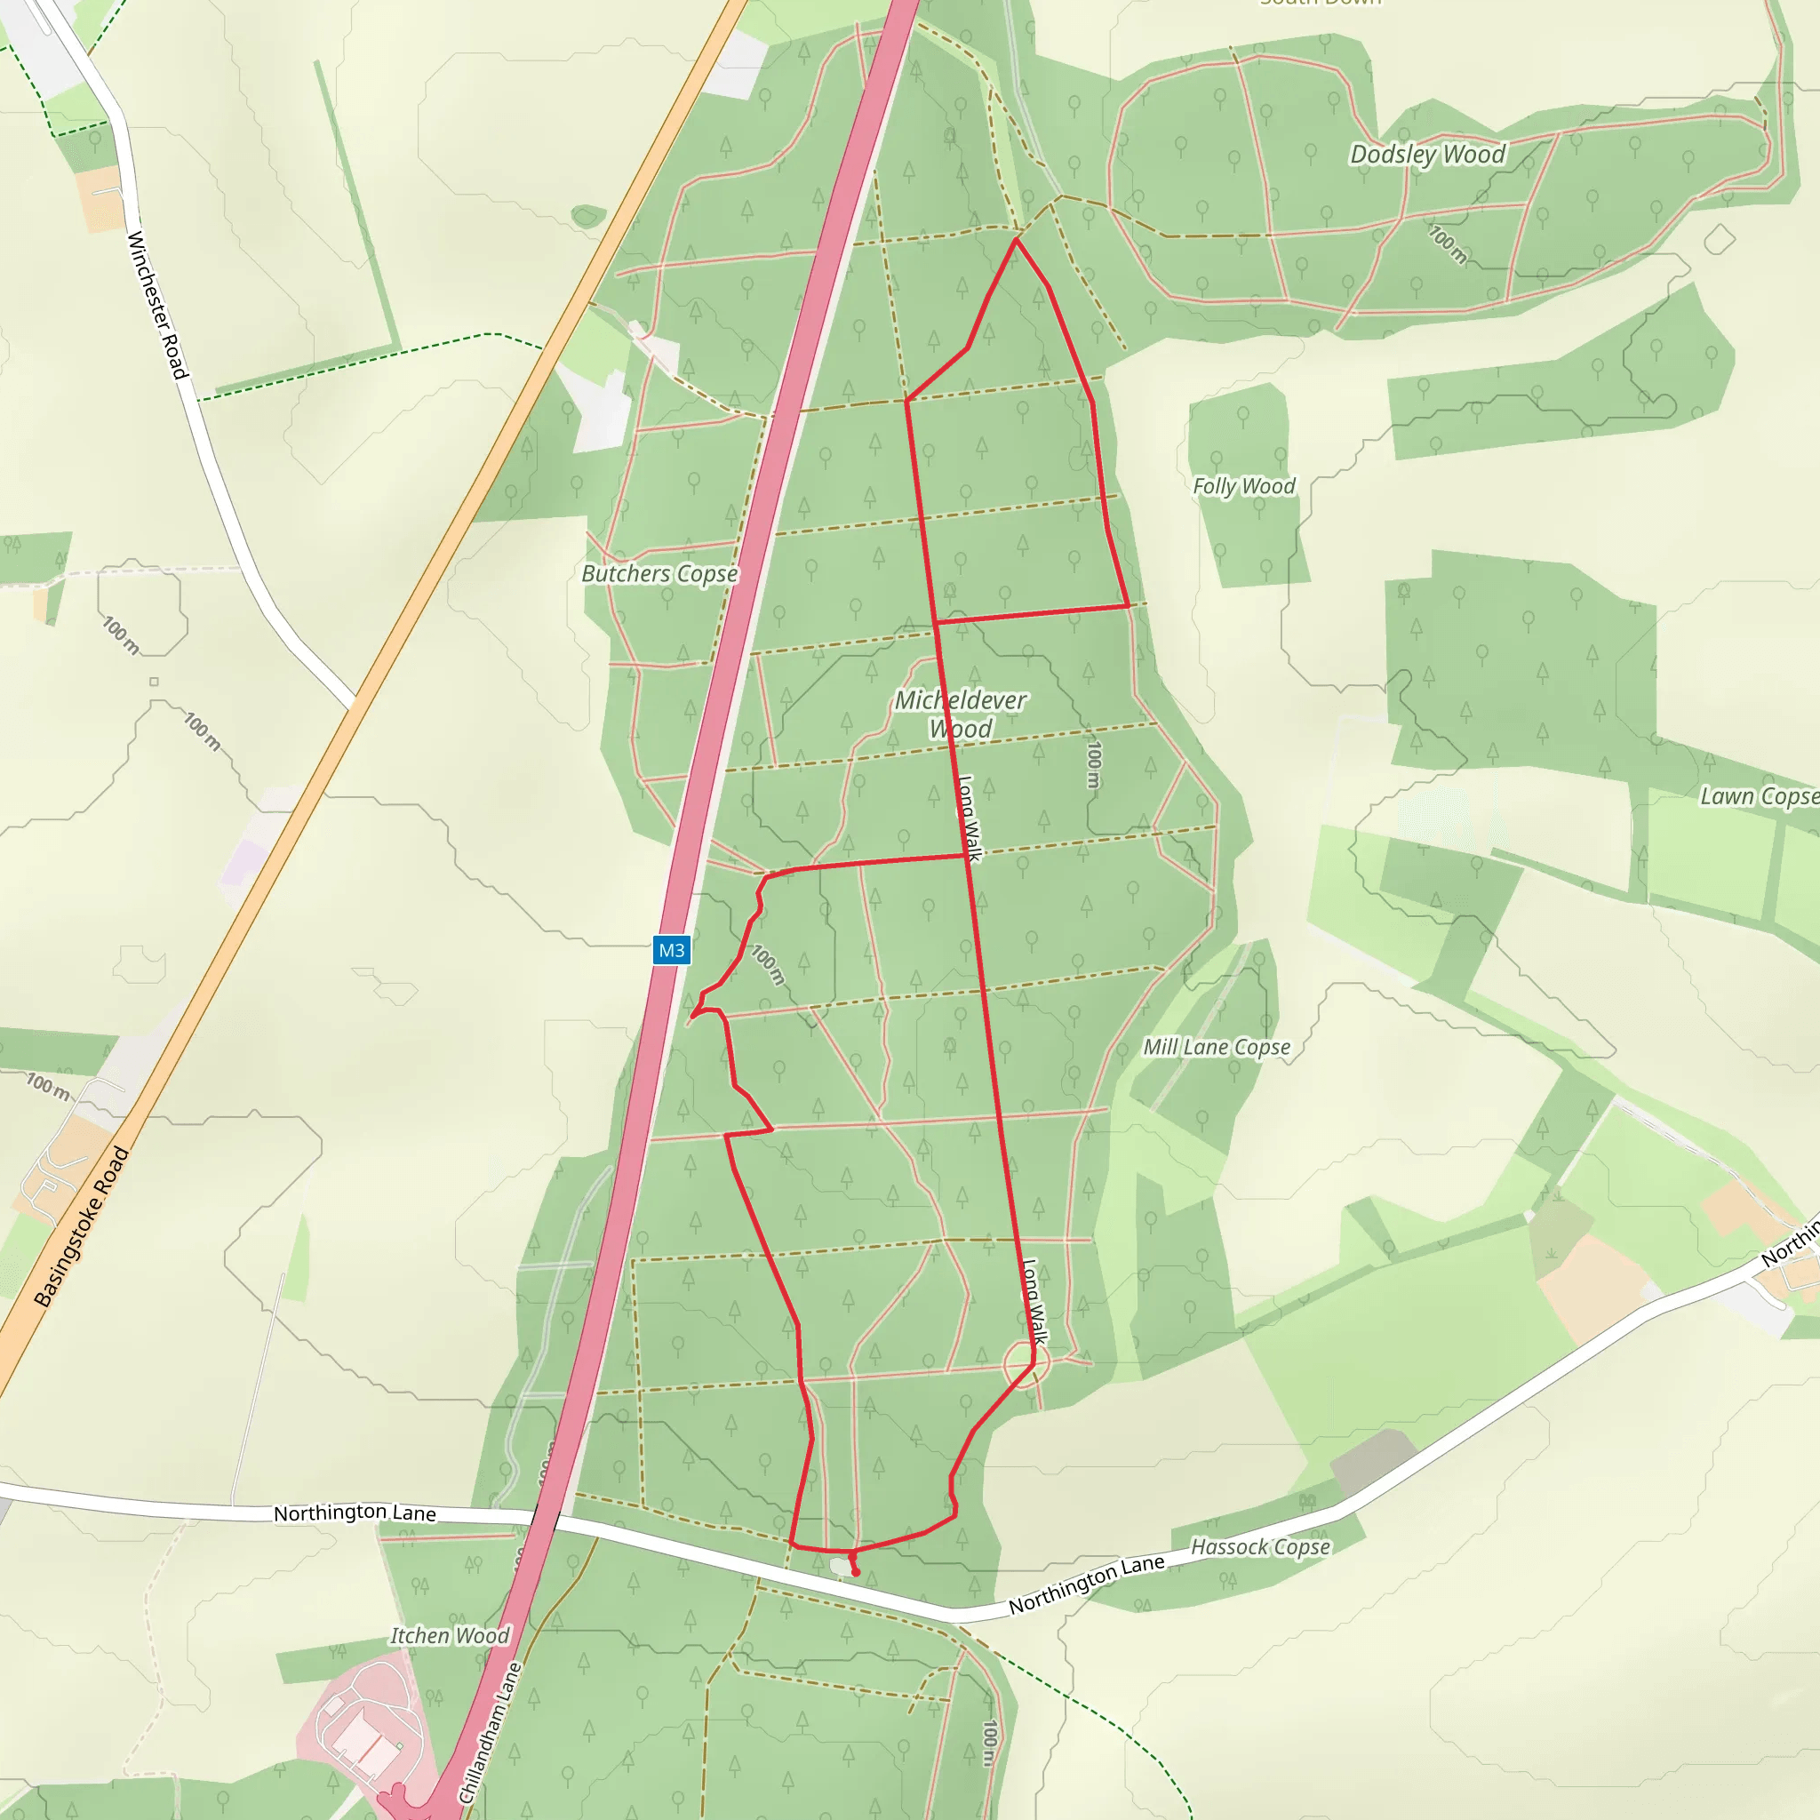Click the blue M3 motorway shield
click(x=671, y=950)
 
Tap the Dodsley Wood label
click(x=1427, y=154)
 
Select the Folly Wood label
click(x=1243, y=486)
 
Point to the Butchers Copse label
click(x=659, y=574)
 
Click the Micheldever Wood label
click(x=960, y=714)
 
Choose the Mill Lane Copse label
click(x=1217, y=1047)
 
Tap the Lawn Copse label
click(x=1758, y=796)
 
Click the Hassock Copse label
click(x=1260, y=1547)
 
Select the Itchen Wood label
click(x=450, y=1636)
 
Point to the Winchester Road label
click(x=157, y=304)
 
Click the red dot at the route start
click(x=856, y=1572)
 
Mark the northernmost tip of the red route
click(x=1016, y=240)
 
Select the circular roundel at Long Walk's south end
click(x=1026, y=1365)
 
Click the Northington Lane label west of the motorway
click(x=355, y=1513)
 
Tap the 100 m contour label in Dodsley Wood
click(x=1448, y=244)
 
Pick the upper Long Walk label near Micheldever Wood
click(x=969, y=818)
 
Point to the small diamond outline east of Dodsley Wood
click(x=1720, y=239)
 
